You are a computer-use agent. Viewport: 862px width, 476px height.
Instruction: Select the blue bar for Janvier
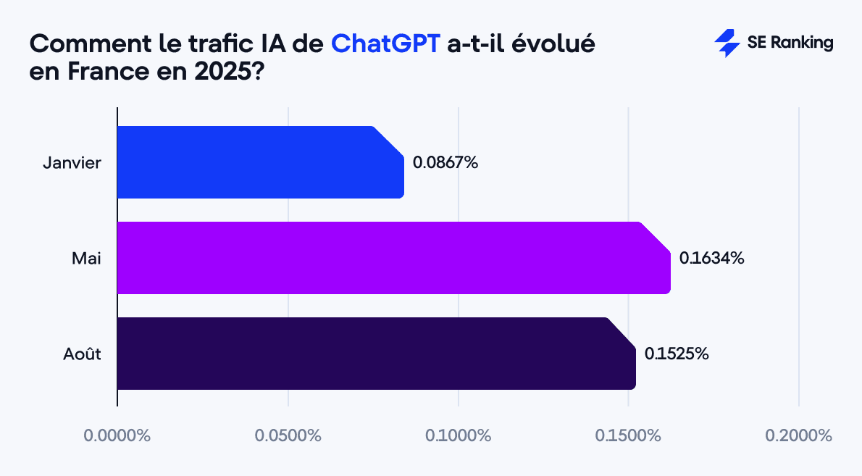click(x=259, y=162)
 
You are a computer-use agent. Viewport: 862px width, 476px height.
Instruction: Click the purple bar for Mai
click(x=393, y=258)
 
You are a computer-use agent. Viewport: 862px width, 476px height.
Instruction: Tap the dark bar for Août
click(x=375, y=354)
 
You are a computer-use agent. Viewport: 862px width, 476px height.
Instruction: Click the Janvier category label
click(x=72, y=162)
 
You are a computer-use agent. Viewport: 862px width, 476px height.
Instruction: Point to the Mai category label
click(x=86, y=258)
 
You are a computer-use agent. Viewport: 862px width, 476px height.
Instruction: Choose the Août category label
click(x=81, y=354)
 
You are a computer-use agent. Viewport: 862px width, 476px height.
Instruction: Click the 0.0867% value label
click(x=445, y=162)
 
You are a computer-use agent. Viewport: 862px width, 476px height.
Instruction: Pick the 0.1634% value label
click(x=712, y=258)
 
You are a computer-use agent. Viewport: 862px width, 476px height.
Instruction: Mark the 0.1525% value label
click(x=677, y=354)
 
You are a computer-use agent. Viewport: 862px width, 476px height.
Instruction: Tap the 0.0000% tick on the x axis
click(x=117, y=436)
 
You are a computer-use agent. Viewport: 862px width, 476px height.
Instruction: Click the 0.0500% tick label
click(x=288, y=436)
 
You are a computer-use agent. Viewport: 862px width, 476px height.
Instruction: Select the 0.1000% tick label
click(x=459, y=436)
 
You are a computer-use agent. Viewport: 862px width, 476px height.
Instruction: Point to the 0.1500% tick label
click(x=628, y=436)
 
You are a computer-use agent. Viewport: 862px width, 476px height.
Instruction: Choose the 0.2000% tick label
click(x=799, y=436)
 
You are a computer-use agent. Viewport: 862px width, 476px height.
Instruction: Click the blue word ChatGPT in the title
click(x=385, y=43)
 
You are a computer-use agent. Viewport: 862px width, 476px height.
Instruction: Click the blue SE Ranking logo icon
click(x=727, y=43)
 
